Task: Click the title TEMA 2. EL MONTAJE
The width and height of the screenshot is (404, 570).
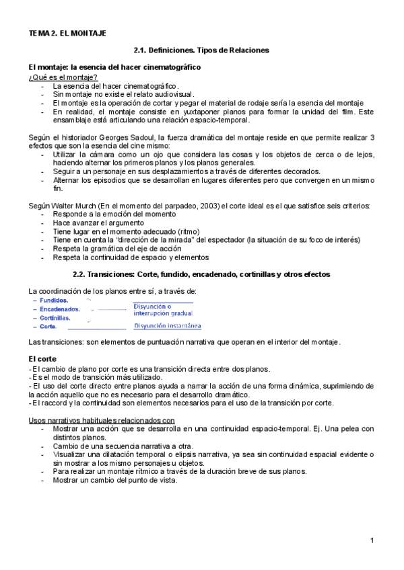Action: point(67,32)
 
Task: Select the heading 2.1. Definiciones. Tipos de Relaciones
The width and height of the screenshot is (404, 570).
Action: point(201,50)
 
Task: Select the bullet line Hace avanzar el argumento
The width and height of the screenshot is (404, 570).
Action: point(98,222)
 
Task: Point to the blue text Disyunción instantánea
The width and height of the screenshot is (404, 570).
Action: point(167,327)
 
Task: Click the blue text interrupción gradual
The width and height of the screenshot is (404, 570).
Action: point(163,313)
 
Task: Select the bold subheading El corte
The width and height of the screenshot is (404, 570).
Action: point(43,359)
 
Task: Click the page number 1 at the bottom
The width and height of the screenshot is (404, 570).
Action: point(372,541)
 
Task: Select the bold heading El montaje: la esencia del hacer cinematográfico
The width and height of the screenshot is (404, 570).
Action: point(114,68)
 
